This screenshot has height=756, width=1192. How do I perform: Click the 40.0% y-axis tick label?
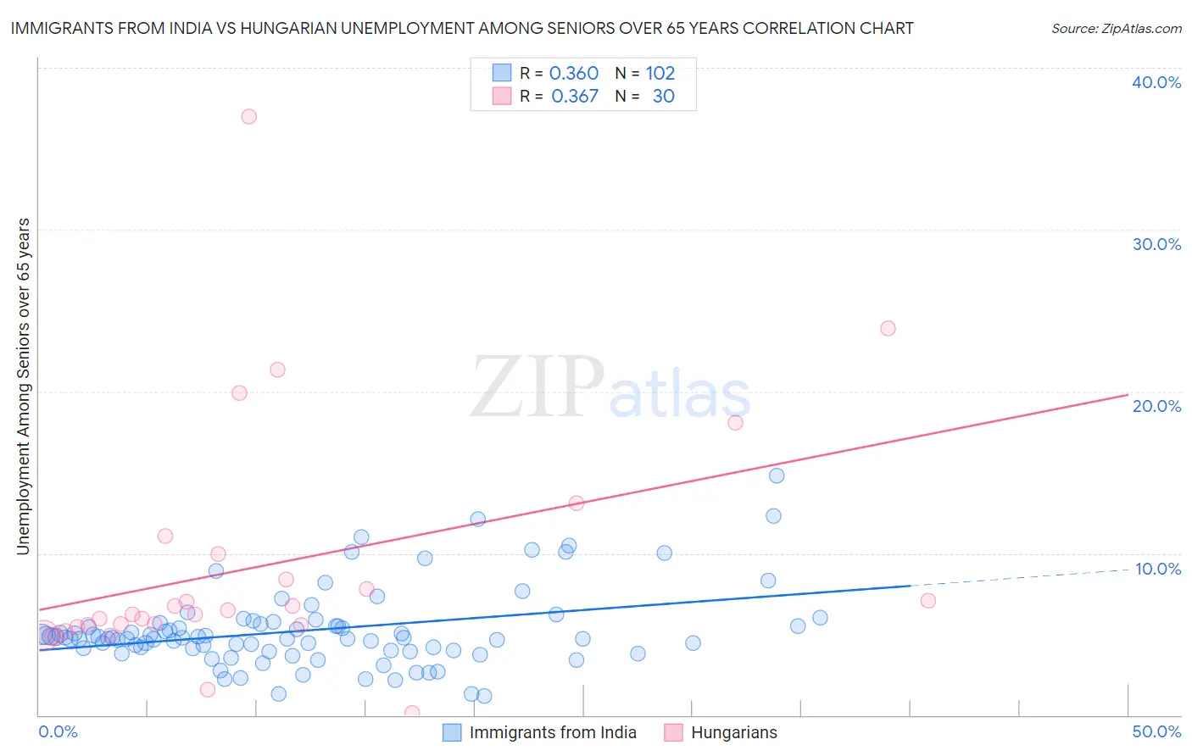click(1156, 82)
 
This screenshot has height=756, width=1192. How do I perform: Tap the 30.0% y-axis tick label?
click(1156, 244)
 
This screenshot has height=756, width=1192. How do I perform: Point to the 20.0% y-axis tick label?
click(1156, 406)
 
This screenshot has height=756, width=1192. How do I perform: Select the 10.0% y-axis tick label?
click(1158, 569)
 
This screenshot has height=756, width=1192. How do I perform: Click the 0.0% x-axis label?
click(58, 731)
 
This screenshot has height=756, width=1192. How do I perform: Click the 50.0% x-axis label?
click(1156, 731)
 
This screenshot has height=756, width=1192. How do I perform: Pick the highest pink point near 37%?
click(248, 116)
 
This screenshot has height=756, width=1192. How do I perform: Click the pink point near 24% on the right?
click(888, 328)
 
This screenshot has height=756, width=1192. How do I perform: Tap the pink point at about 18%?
click(735, 422)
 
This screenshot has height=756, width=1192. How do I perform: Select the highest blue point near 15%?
click(777, 475)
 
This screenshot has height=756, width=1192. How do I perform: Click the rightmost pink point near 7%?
click(927, 600)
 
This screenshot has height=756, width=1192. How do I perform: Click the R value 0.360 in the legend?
click(574, 74)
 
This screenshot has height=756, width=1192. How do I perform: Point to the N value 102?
click(660, 74)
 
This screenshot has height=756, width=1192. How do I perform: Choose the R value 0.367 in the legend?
click(575, 97)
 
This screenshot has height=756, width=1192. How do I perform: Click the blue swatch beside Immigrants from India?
click(453, 732)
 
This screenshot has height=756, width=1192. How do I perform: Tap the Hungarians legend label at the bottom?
click(733, 732)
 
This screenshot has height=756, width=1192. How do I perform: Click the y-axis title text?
click(23, 386)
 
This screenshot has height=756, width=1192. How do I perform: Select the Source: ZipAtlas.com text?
click(1116, 28)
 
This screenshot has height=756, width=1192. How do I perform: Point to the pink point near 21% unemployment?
click(277, 370)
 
